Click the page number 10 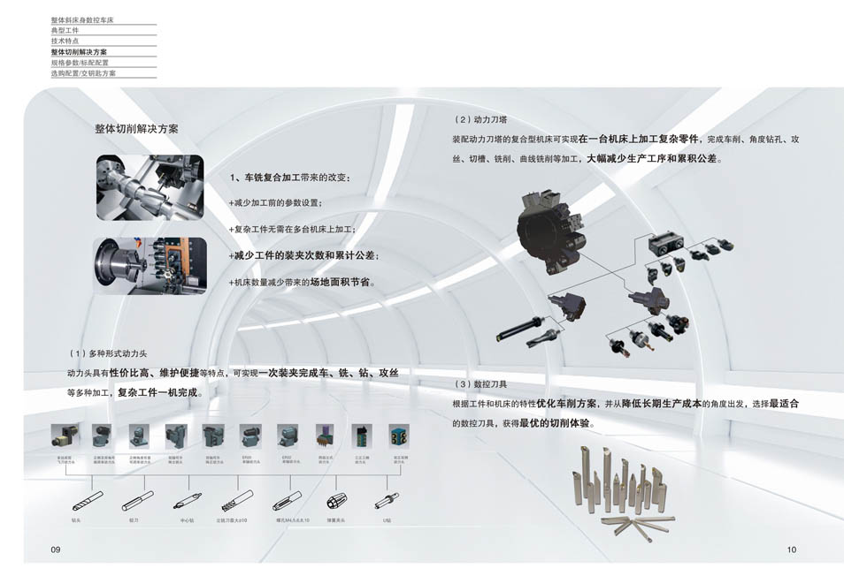[x=791, y=549]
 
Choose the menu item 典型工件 [x=65, y=30]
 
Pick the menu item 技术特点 [x=65, y=42]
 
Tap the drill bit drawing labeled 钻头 [x=76, y=504]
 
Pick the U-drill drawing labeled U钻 [x=386, y=501]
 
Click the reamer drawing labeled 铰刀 [x=134, y=503]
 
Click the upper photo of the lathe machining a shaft [x=150, y=187]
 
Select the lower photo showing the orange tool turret [x=150, y=265]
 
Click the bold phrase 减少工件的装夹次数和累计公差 [x=306, y=255]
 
